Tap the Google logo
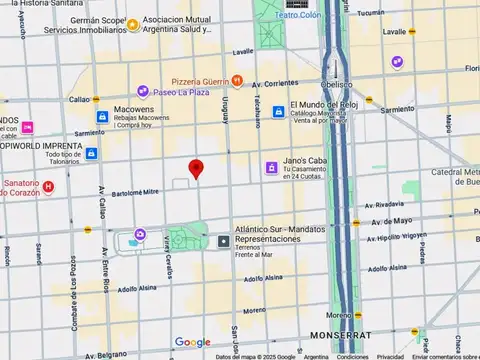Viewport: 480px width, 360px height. coord(192,342)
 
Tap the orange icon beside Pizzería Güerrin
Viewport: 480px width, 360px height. coord(236,80)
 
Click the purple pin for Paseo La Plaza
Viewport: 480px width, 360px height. coord(144,92)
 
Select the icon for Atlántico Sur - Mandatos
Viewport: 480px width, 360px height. coord(224,240)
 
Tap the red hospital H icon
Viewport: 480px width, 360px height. coord(48,186)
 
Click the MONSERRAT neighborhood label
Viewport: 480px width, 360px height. coord(343,334)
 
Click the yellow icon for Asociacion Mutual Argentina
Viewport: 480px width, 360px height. coord(134,24)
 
